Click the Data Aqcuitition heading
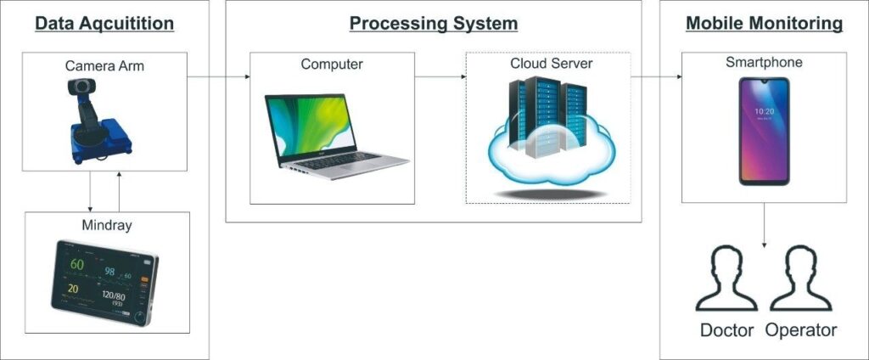point(104,23)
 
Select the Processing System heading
point(433,23)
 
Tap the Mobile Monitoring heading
point(764,23)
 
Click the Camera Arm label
point(104,65)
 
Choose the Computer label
point(332,65)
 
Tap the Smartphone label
point(764,63)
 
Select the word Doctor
point(727,330)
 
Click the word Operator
point(800,330)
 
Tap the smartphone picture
point(764,131)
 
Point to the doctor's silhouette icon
point(726,279)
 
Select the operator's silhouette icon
point(801,279)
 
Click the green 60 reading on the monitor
point(77,266)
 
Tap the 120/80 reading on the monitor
point(114,296)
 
